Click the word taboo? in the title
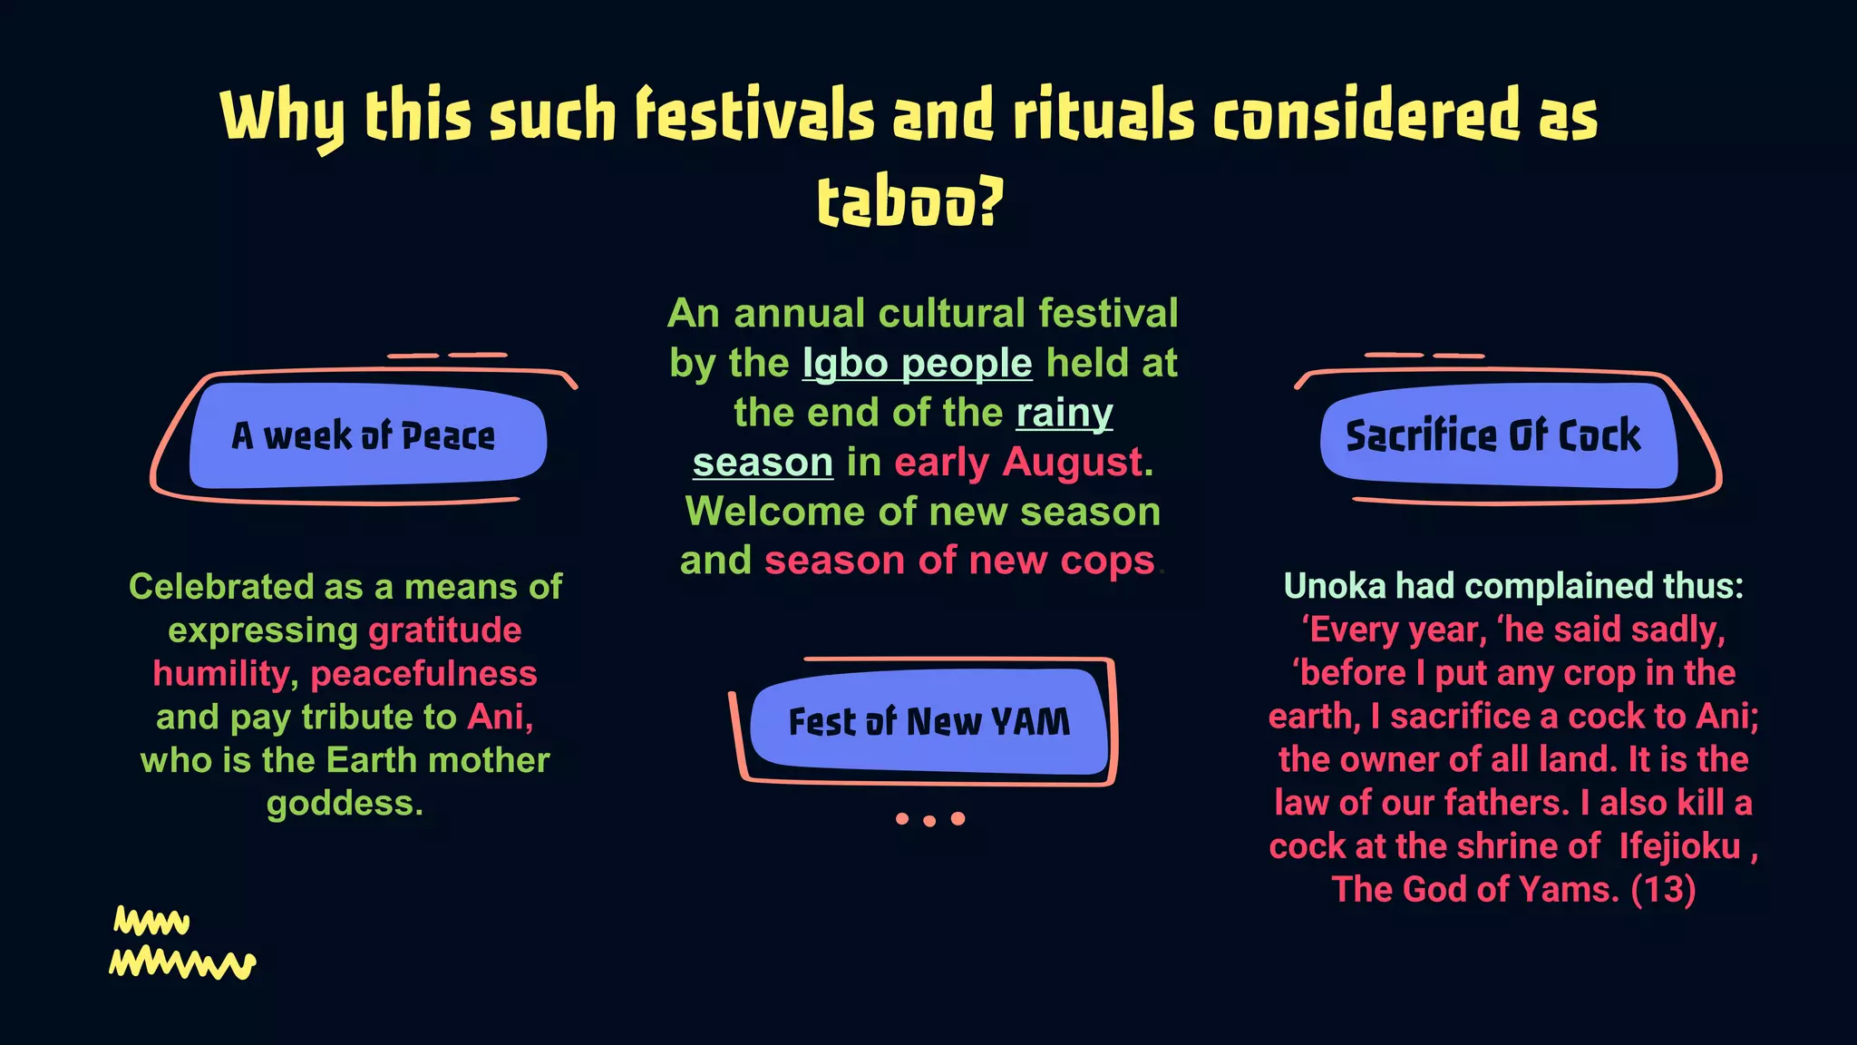(910, 201)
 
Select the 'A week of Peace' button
(365, 436)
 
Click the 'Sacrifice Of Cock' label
(1493, 436)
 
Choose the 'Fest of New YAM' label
(928, 722)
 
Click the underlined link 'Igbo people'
(917, 364)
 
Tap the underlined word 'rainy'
(1064, 414)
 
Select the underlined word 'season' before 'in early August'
(763, 463)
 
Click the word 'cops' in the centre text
(1107, 562)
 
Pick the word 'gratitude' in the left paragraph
(444, 630)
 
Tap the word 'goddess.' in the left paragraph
(345, 804)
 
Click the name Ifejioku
(1679, 846)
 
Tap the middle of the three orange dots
(929, 820)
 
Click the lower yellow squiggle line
(182, 963)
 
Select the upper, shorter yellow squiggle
(151, 922)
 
